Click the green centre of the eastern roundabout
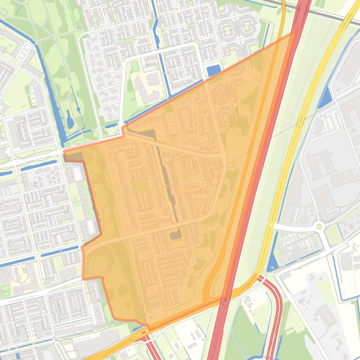pyautogui.click(x=319, y=227)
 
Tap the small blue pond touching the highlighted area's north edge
pyautogui.click(x=213, y=71)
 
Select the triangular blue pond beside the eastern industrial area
pyautogui.click(x=324, y=99)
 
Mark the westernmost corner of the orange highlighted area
pyautogui.click(x=64, y=152)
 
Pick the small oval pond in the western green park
pyautogui.click(x=70, y=121)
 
